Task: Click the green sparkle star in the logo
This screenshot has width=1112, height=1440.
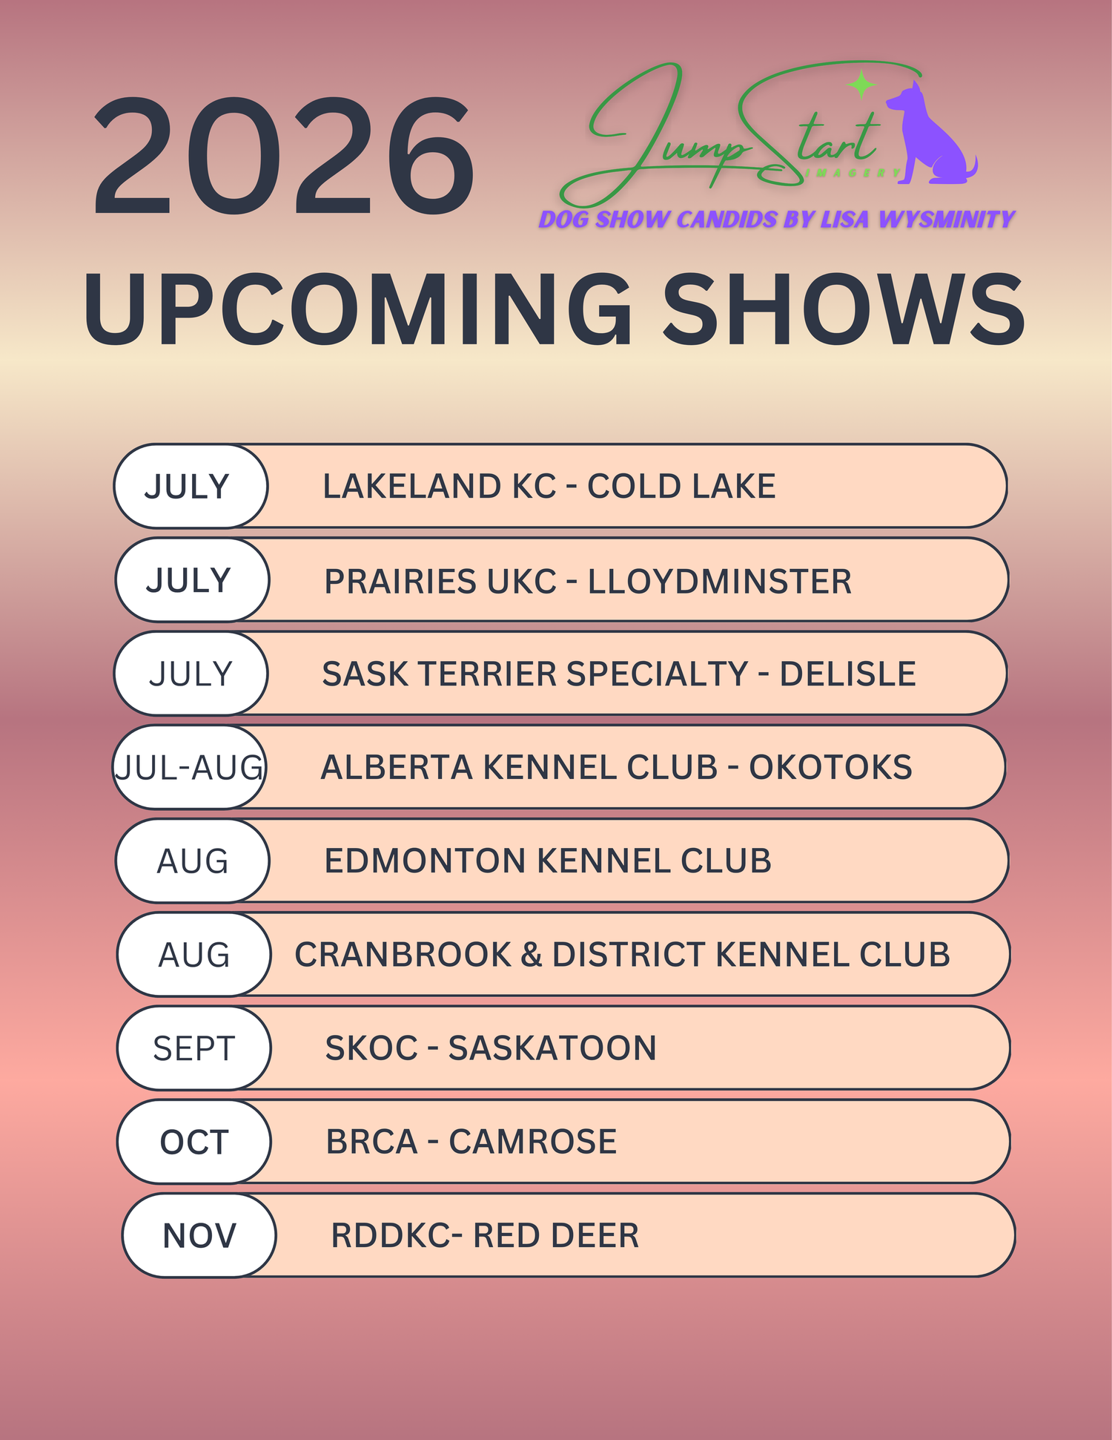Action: click(x=861, y=85)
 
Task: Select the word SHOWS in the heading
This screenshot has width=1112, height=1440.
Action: click(x=843, y=309)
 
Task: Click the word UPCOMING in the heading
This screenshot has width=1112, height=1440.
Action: click(x=357, y=309)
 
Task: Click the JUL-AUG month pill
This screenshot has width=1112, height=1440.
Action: click(x=190, y=767)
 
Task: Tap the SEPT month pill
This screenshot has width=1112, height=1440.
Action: click(x=194, y=1048)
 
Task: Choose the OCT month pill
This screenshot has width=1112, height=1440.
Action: click(x=194, y=1141)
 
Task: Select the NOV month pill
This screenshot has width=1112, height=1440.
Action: click(x=199, y=1235)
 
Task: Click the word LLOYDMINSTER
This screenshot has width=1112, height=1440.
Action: click(x=720, y=581)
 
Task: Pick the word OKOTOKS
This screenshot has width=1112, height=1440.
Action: click(x=830, y=767)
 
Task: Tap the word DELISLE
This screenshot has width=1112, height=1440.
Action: click(x=847, y=674)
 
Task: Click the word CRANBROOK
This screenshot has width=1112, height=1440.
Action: click(x=403, y=954)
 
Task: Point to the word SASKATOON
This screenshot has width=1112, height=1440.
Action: click(x=552, y=1048)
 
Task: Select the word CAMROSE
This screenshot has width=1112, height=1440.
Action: click(x=532, y=1141)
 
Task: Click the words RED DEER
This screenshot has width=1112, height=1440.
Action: click(x=556, y=1235)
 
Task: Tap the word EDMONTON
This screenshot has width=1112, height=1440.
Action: click(x=426, y=861)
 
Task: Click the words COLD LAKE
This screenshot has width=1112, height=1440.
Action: click(x=681, y=487)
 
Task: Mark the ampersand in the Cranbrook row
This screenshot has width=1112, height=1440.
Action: click(x=532, y=954)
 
